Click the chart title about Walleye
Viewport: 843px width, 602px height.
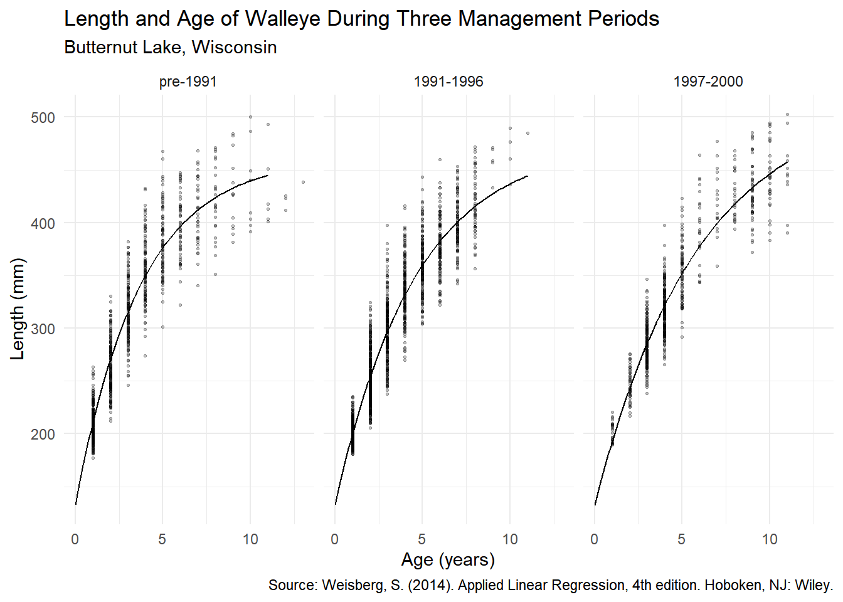361,19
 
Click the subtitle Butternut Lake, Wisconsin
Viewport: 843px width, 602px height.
171,48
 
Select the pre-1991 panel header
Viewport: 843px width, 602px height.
188,82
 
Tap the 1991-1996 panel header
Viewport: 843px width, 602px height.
448,82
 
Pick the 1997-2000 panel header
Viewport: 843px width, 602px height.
708,82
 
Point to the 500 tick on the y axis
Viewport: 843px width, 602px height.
43,118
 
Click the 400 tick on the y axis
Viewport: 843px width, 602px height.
43,223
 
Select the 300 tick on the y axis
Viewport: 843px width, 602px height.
43,329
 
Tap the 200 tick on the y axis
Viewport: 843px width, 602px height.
43,434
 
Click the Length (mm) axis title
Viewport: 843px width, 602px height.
18,309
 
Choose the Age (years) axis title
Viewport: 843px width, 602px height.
448,559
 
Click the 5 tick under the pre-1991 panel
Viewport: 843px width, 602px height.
162,539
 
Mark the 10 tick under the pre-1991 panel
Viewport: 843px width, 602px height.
250,539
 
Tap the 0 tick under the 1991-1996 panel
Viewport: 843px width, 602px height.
335,539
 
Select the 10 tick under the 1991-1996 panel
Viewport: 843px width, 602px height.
510,539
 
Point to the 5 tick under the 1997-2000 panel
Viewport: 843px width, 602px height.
682,539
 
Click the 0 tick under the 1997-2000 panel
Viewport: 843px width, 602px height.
595,539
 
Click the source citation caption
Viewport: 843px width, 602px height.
551,585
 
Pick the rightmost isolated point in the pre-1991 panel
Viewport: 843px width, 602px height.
303,182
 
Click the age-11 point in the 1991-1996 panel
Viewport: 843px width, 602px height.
528,133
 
